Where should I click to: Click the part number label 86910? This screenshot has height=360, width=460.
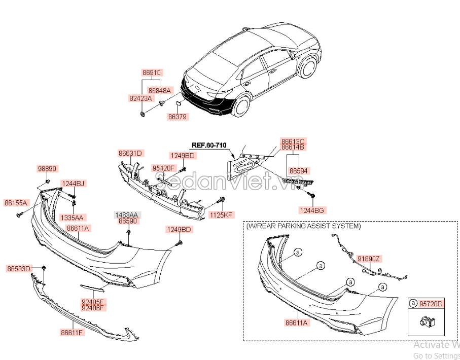pyautogui.click(x=151, y=73)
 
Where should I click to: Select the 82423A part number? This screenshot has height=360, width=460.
pyautogui.click(x=140, y=99)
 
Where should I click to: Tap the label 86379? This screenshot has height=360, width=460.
pyautogui.click(x=178, y=117)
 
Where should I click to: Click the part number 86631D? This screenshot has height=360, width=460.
pyautogui.click(x=130, y=153)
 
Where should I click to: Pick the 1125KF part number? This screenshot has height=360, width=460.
pyautogui.click(x=221, y=215)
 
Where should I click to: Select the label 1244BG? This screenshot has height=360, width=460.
pyautogui.click(x=312, y=210)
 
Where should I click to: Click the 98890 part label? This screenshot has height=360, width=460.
pyautogui.click(x=47, y=168)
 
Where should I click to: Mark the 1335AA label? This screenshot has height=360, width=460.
pyautogui.click(x=72, y=217)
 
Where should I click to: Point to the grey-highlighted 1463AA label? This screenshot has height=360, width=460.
pyautogui.click(x=128, y=215)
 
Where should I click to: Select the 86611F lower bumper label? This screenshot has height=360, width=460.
pyautogui.click(x=72, y=333)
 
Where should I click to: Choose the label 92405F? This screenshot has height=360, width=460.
pyautogui.click(x=92, y=301)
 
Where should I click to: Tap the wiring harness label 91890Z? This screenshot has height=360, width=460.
pyautogui.click(x=368, y=259)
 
